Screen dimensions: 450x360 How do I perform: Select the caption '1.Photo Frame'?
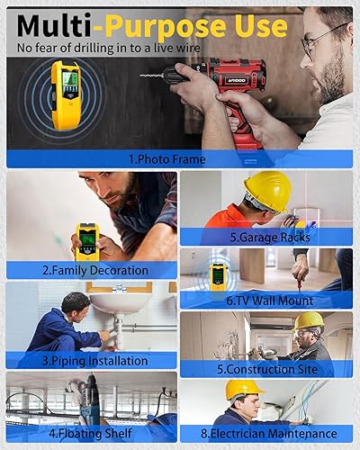pos(166,159)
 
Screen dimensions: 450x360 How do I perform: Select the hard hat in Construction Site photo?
pos(309,320)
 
